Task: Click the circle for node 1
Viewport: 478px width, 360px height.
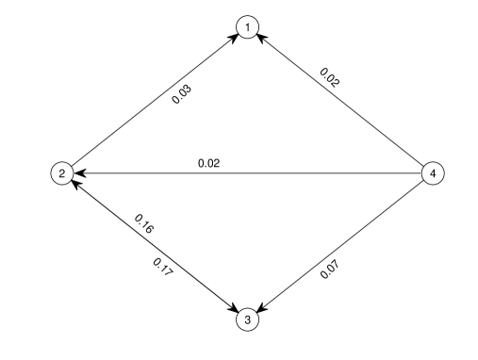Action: click(x=247, y=28)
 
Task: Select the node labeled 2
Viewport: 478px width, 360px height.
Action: click(x=61, y=173)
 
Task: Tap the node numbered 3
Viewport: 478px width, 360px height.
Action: click(x=247, y=320)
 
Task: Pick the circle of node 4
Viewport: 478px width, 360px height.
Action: click(x=433, y=173)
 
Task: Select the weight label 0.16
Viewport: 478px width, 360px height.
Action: click(x=144, y=226)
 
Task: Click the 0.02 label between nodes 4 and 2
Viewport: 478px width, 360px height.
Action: click(x=208, y=163)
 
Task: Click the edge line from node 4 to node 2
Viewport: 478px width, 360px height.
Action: click(x=283, y=173)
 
